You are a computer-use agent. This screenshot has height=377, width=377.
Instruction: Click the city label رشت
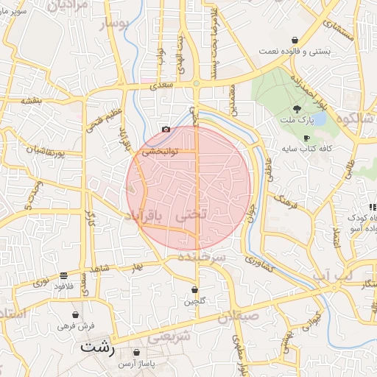pyautogui.click(x=99, y=345)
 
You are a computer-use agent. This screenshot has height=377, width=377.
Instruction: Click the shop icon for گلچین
pyautogui.click(x=194, y=289)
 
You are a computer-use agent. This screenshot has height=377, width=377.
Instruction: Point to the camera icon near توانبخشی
pyautogui.click(x=166, y=130)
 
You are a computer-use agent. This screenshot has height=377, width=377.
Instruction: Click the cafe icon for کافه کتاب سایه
pyautogui.click(x=306, y=138)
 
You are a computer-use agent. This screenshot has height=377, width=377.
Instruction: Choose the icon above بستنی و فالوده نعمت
pyautogui.click(x=295, y=40)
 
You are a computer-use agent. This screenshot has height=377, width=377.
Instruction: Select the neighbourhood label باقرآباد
pyautogui.click(x=150, y=215)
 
